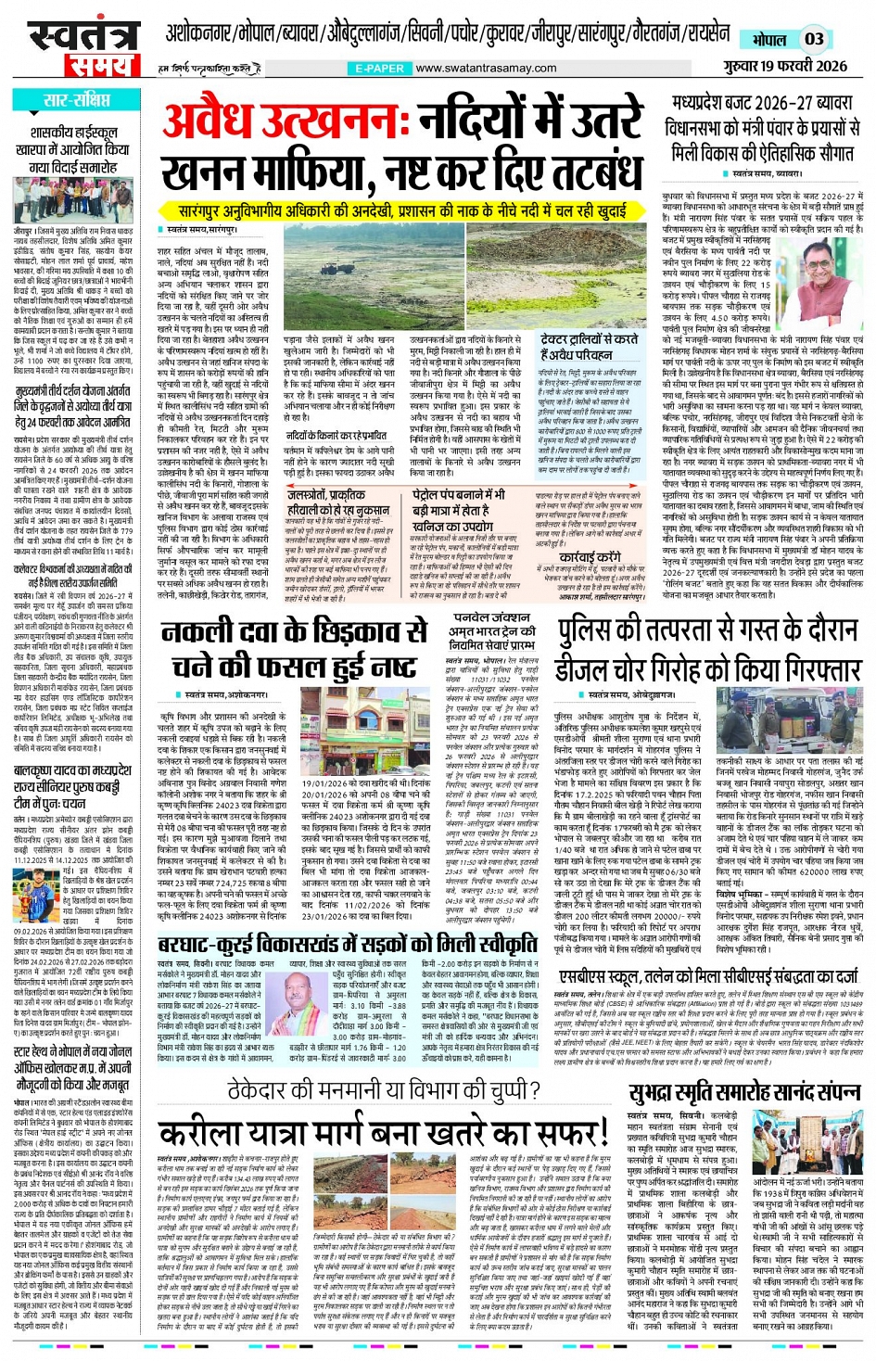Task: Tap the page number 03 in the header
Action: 813,39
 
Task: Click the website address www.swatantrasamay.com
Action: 486,69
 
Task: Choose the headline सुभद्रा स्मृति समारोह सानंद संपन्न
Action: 745,1066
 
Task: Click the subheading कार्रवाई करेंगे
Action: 590,559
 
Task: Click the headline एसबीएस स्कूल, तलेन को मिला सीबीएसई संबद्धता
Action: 709,975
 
